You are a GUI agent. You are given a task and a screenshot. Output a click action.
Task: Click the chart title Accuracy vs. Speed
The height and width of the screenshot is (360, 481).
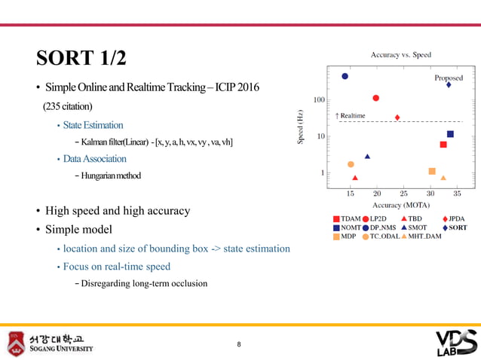(x=400, y=55)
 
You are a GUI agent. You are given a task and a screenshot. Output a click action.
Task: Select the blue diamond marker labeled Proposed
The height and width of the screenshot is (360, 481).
(x=449, y=85)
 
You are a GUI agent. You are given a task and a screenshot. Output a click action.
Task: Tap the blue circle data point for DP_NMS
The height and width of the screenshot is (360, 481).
(x=345, y=76)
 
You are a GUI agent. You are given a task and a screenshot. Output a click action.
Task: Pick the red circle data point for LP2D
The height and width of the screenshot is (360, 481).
(x=375, y=98)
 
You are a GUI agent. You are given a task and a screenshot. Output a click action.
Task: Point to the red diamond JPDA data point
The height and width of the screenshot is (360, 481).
(x=397, y=117)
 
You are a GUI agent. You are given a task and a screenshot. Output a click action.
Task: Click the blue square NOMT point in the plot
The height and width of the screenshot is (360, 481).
(x=450, y=134)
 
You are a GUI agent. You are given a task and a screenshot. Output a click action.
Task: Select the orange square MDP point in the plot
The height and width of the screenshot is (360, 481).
(x=432, y=171)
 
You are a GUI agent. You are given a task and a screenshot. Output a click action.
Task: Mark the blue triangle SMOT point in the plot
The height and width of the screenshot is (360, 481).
(x=367, y=157)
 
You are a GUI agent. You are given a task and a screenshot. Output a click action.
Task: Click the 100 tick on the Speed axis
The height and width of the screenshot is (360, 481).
(x=319, y=100)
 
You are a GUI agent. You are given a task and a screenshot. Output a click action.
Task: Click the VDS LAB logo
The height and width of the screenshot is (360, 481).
(x=456, y=343)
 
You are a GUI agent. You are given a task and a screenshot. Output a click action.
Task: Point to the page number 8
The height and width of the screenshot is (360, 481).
(x=239, y=345)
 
